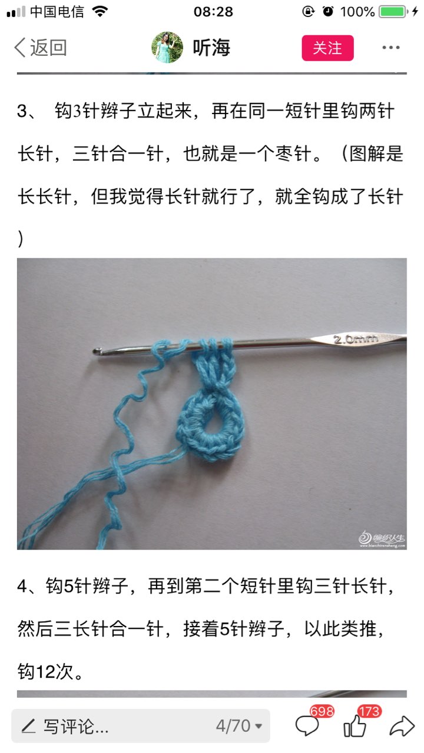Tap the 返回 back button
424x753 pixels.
point(41,48)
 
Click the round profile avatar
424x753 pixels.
point(167,48)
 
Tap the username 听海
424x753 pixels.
point(211,48)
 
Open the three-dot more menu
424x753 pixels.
point(391,48)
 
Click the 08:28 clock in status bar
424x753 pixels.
point(213,12)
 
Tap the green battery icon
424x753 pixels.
point(393,12)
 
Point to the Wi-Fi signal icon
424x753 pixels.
point(100,11)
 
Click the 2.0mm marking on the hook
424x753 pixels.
point(356,339)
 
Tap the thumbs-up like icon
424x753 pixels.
point(355,726)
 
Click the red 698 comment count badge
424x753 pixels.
point(322,711)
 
